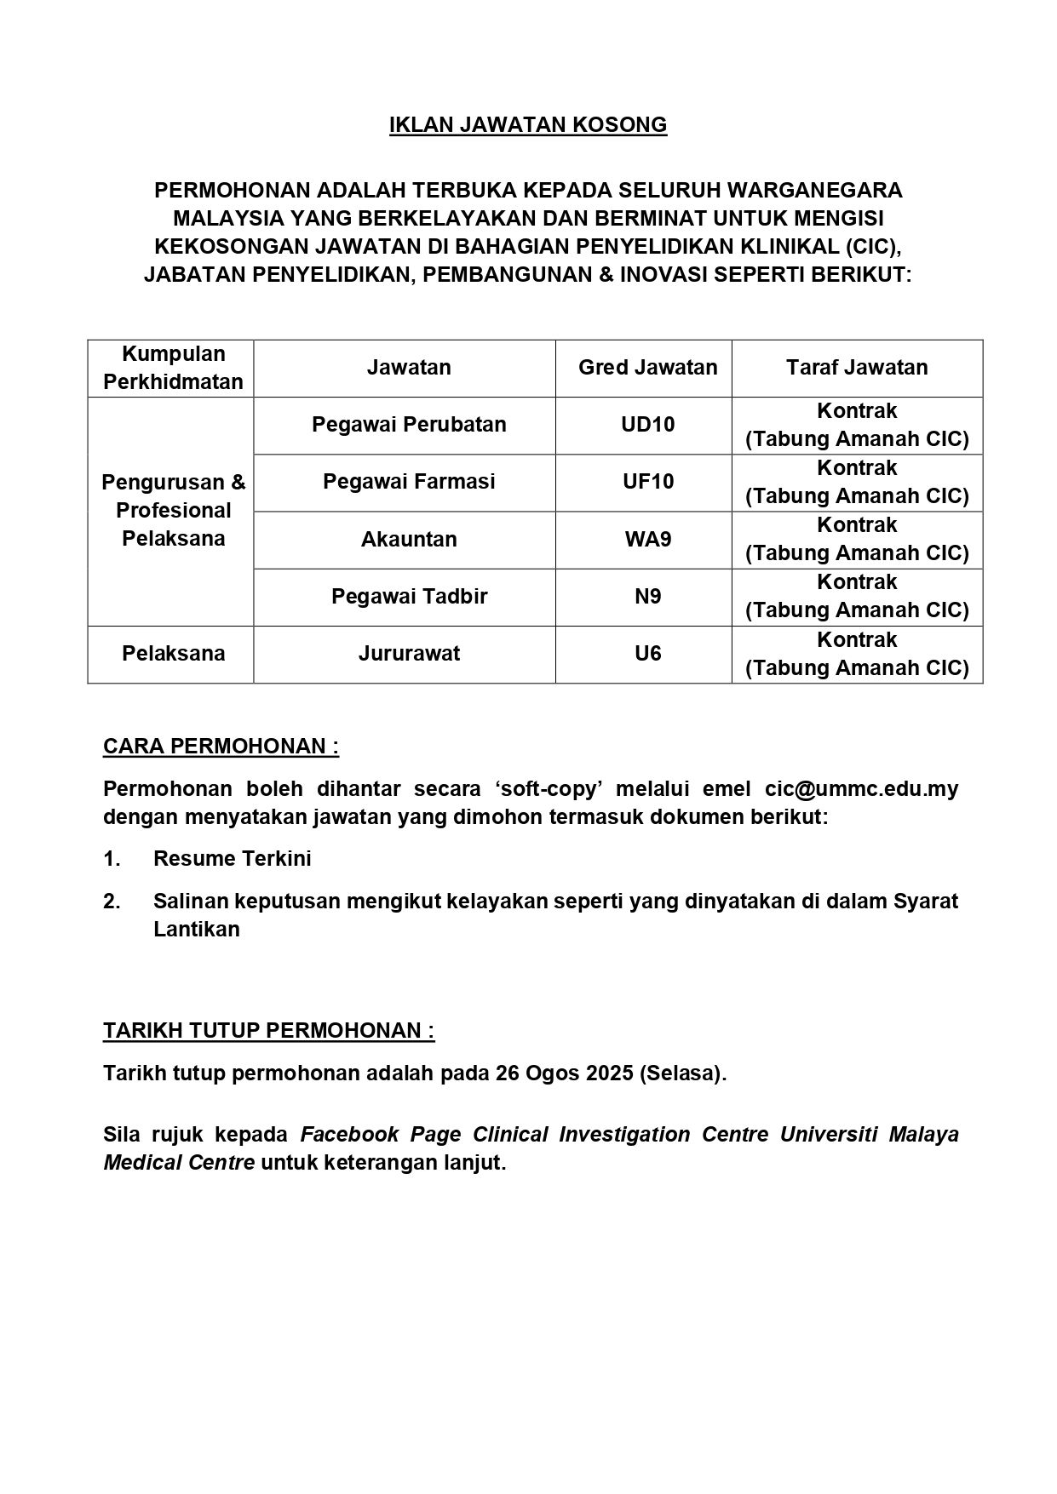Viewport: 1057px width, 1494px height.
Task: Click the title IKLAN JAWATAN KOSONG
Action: pos(528,125)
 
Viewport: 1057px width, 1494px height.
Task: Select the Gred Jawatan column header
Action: pos(647,368)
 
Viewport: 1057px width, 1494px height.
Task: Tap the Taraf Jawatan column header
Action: pos(857,368)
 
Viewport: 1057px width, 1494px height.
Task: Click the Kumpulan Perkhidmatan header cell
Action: pos(173,368)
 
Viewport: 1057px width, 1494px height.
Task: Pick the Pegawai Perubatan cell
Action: pos(409,425)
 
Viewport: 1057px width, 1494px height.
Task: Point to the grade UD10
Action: pos(647,425)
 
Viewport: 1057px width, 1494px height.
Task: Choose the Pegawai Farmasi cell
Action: pos(409,482)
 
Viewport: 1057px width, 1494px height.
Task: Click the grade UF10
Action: pos(647,482)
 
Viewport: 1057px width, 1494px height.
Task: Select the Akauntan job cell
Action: pos(409,540)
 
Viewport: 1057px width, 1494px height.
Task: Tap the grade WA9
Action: pos(647,540)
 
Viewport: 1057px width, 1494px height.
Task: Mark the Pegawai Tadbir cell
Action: pos(409,597)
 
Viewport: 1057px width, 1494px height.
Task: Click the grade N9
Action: pos(647,597)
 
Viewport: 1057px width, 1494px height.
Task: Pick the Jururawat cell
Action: pos(409,654)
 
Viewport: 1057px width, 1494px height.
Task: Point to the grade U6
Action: pos(647,654)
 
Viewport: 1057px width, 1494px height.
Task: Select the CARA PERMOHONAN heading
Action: pos(221,747)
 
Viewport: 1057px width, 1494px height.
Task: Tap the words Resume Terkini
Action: pos(232,859)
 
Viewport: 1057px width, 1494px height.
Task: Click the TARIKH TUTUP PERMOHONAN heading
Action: pos(268,1031)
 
